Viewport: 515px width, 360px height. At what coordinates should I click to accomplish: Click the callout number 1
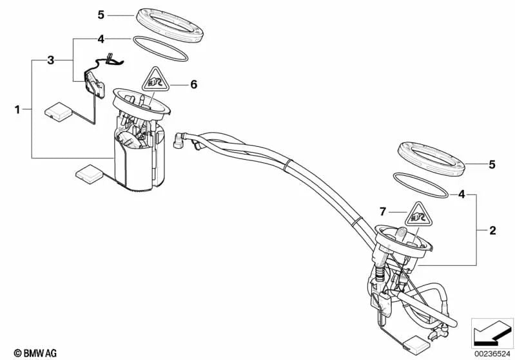coord(18,109)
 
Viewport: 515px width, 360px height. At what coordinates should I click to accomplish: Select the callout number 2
coord(493,229)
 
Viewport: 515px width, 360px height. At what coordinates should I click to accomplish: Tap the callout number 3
coord(51,61)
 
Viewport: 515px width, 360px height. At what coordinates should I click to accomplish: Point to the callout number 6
coord(193,84)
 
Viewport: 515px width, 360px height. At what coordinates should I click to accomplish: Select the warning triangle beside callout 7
coord(415,213)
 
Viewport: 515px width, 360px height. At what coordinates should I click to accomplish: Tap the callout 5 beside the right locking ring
coord(492,165)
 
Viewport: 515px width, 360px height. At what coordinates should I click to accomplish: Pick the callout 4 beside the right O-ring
coord(462,193)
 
